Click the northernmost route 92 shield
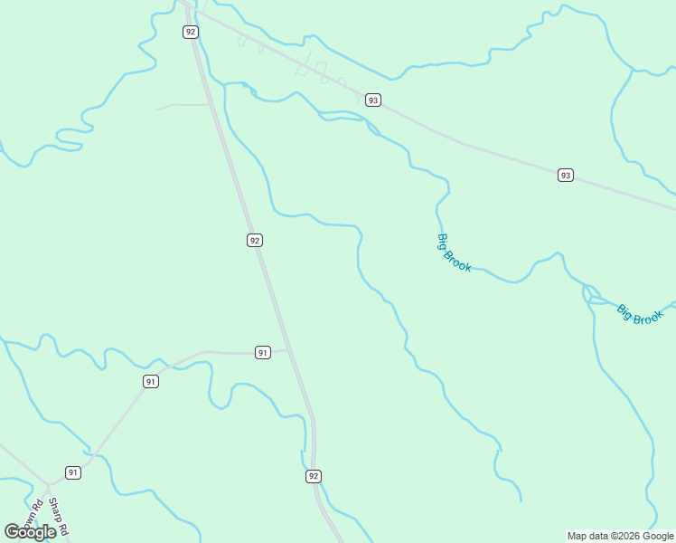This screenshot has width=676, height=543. (x=190, y=32)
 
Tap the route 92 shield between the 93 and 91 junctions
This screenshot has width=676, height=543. (x=255, y=240)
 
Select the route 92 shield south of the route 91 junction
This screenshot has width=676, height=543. (x=314, y=476)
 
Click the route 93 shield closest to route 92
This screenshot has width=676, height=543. (x=372, y=100)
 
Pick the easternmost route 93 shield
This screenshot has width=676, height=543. (x=565, y=175)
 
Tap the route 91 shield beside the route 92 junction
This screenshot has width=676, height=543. (x=262, y=352)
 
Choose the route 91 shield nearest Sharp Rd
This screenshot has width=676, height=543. (x=73, y=472)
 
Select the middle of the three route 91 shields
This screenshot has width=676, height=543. (x=150, y=382)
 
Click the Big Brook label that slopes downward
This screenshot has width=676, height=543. (x=454, y=252)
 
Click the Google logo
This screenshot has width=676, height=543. (x=30, y=532)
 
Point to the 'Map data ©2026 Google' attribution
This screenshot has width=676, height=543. (x=621, y=536)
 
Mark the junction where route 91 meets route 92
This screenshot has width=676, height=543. (x=289, y=350)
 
